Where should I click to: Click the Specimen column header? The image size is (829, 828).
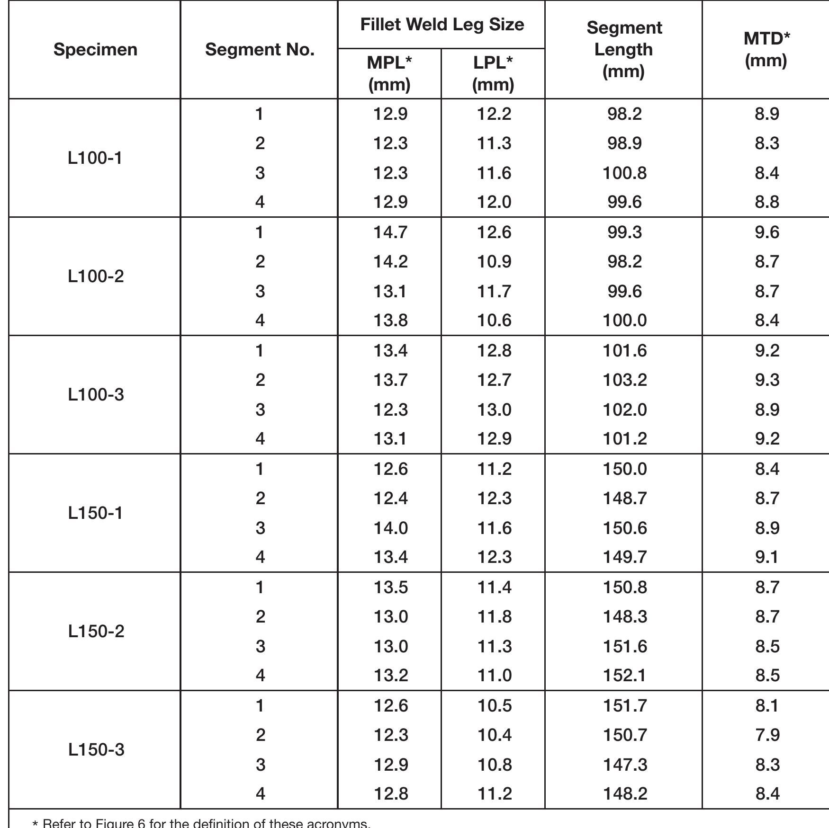[x=95, y=50]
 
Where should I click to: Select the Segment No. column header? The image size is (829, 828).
[x=260, y=50]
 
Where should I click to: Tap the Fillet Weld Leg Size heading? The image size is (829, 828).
[x=442, y=25]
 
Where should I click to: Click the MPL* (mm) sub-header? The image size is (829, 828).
[x=389, y=73]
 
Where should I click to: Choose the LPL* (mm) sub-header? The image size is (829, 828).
[x=493, y=73]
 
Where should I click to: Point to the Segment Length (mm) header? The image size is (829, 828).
[x=624, y=50]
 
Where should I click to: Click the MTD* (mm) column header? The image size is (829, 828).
[x=766, y=50]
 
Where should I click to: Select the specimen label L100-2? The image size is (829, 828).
[x=96, y=276]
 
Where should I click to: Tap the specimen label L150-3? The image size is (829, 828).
[x=96, y=750]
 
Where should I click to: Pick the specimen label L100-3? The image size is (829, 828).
[x=96, y=395]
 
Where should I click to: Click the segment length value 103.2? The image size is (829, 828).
[x=624, y=380]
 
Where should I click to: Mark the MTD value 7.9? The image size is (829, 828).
[x=767, y=735]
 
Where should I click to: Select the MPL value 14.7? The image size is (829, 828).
[x=390, y=232]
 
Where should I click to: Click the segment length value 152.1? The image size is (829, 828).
[x=624, y=676]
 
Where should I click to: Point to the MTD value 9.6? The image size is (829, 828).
[x=767, y=232]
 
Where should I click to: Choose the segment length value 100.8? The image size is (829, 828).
[x=624, y=173]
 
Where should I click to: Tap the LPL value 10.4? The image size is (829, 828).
[x=494, y=735]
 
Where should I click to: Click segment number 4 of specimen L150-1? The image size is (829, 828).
[x=260, y=557]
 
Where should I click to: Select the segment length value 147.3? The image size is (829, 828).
[x=624, y=765]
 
